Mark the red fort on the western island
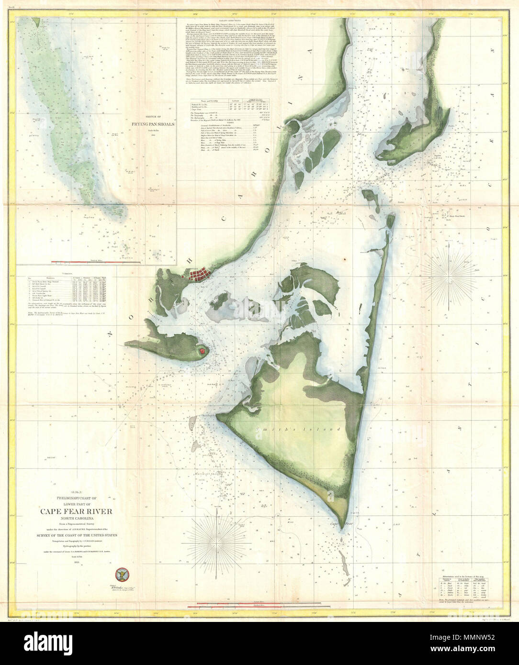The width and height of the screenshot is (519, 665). (x=203, y=350)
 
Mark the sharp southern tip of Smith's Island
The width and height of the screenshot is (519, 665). (x=343, y=523)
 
